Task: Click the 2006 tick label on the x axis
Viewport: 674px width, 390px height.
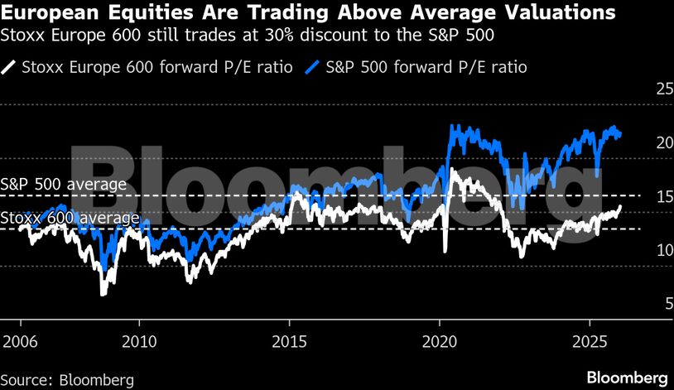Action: pos(19,340)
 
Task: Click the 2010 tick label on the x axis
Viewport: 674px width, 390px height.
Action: pos(139,340)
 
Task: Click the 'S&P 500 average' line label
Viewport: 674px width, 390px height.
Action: pos(64,184)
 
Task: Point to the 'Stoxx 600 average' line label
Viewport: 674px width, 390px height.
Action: pos(70,218)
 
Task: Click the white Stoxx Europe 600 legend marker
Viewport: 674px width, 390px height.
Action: pos(10,66)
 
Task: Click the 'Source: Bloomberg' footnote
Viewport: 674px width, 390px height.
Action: pos(68,379)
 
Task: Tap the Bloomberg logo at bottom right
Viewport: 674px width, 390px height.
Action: pos(627,377)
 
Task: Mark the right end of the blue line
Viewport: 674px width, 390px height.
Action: pos(621,136)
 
